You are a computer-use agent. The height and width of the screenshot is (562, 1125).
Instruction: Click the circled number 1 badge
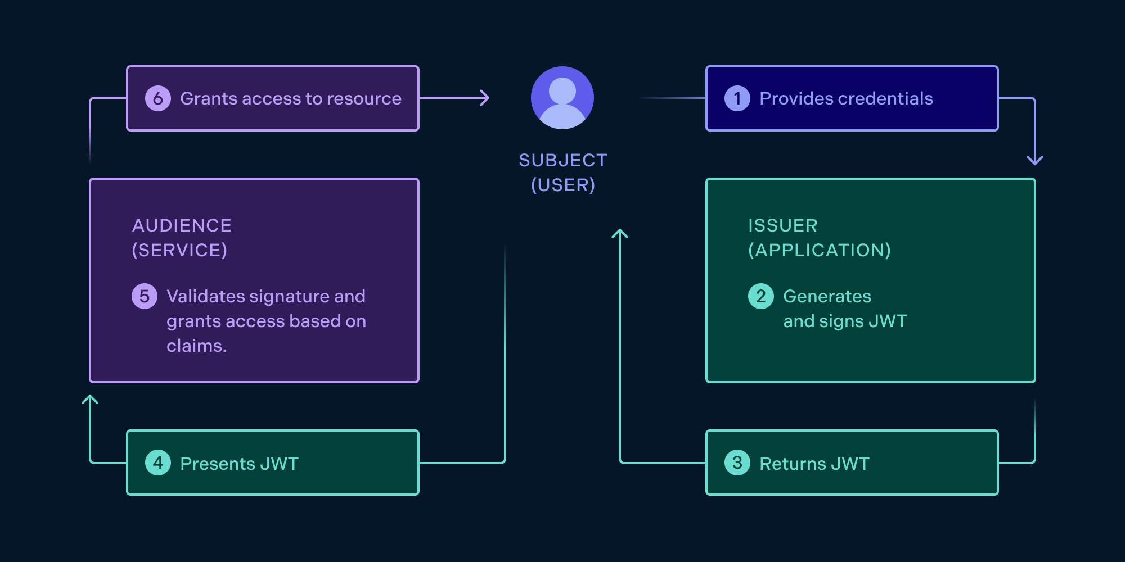pyautogui.click(x=737, y=98)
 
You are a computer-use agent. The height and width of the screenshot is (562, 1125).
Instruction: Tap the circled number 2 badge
pyautogui.click(x=760, y=296)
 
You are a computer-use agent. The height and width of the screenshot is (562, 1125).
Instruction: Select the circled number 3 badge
pyautogui.click(x=737, y=463)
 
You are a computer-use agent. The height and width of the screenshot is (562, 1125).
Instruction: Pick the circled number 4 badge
pyautogui.click(x=158, y=463)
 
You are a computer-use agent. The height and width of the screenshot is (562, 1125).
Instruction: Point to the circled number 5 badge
pyautogui.click(x=145, y=296)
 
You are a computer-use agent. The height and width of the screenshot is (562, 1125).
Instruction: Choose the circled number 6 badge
pyautogui.click(x=158, y=98)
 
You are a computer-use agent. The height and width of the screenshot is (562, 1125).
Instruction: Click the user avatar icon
pyautogui.click(x=562, y=98)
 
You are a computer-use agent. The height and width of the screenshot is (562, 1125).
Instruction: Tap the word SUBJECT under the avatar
pyautogui.click(x=562, y=160)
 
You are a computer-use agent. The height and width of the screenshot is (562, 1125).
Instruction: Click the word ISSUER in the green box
pyautogui.click(x=782, y=225)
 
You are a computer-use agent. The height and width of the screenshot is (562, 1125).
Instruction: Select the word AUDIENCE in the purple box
pyautogui.click(x=182, y=225)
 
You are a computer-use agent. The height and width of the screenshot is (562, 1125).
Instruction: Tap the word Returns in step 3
pyautogui.click(x=792, y=464)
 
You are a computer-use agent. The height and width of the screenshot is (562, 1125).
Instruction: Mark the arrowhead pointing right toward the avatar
pyautogui.click(x=485, y=98)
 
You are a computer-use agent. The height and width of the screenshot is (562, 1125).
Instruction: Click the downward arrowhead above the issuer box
pyautogui.click(x=1034, y=161)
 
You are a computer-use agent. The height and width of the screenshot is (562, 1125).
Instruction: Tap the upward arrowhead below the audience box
pyautogui.click(x=90, y=399)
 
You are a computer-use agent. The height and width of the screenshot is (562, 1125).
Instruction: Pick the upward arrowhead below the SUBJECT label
pyautogui.click(x=619, y=233)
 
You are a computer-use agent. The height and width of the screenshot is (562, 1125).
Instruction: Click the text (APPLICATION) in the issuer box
pyautogui.click(x=819, y=250)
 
